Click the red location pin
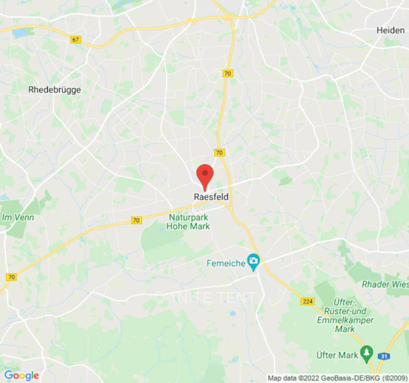click(x=205, y=175)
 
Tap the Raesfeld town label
click(x=211, y=197)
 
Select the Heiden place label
click(x=390, y=30)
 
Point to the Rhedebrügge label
click(x=55, y=90)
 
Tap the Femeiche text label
click(x=225, y=263)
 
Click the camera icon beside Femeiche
click(x=253, y=261)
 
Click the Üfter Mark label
click(x=337, y=355)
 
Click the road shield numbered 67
click(x=75, y=39)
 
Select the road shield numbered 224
click(x=307, y=301)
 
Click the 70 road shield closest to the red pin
click(x=220, y=153)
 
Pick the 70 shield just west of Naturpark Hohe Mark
click(x=137, y=220)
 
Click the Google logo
click(x=21, y=375)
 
